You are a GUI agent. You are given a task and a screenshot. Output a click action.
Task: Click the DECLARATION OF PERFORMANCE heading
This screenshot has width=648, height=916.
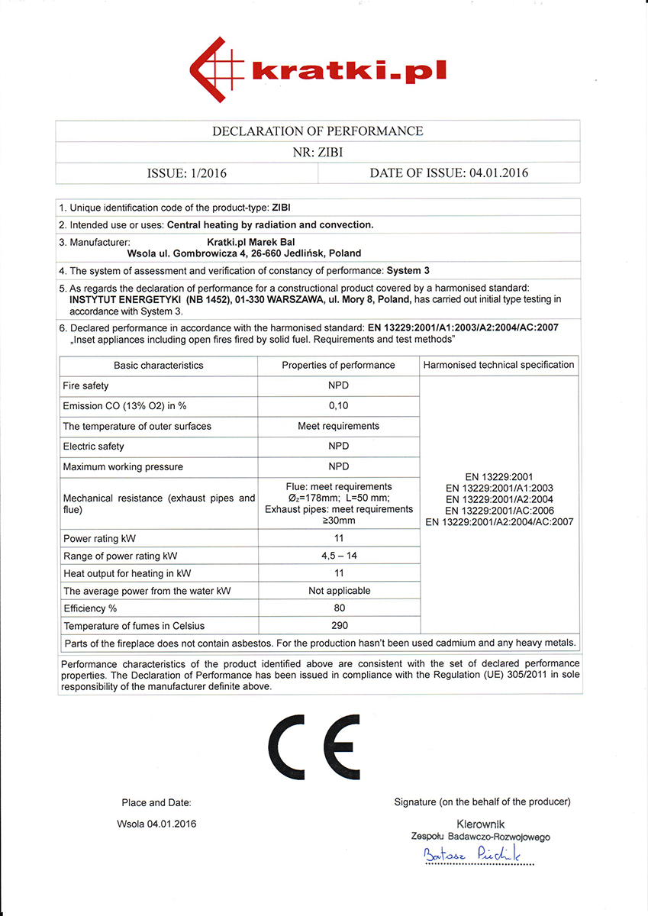pyautogui.click(x=318, y=131)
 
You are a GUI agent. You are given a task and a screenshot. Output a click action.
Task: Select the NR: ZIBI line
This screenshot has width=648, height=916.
pyautogui.click(x=318, y=152)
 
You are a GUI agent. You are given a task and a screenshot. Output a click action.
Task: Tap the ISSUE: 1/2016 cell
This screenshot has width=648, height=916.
pyautogui.click(x=186, y=173)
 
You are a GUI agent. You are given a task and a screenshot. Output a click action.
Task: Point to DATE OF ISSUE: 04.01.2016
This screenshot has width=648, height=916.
pyautogui.click(x=449, y=173)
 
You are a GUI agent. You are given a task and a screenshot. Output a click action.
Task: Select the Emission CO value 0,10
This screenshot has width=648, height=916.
pyautogui.click(x=338, y=405)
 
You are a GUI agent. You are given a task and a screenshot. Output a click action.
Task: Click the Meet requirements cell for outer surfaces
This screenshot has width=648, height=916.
pyautogui.click(x=338, y=426)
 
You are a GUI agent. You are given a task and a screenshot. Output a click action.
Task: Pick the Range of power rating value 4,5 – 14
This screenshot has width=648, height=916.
pyautogui.click(x=338, y=556)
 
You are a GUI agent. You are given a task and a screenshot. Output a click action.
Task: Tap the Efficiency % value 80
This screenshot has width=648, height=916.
pyautogui.click(x=339, y=608)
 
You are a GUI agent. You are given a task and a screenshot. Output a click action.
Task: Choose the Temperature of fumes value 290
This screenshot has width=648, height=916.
pyautogui.click(x=339, y=626)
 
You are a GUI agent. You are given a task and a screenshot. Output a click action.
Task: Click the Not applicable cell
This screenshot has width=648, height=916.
pyautogui.click(x=339, y=591)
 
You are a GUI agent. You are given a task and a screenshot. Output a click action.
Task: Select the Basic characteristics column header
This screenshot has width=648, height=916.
pyautogui.click(x=159, y=366)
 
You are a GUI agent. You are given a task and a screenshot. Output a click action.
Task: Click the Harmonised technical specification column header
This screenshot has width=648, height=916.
pyautogui.click(x=499, y=365)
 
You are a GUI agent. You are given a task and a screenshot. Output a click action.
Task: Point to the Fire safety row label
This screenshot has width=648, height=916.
pyautogui.click(x=85, y=386)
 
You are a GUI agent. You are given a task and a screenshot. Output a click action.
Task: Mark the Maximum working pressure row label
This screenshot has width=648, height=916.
pyautogui.click(x=123, y=467)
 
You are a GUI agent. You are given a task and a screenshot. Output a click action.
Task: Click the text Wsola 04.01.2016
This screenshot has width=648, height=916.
pyautogui.click(x=156, y=824)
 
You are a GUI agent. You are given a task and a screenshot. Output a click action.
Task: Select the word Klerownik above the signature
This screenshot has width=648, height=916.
pyautogui.click(x=481, y=824)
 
